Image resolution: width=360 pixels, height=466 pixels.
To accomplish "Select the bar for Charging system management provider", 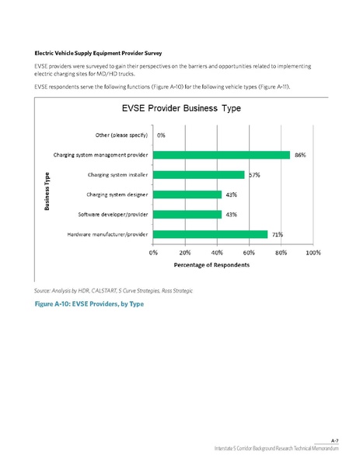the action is click(222, 155).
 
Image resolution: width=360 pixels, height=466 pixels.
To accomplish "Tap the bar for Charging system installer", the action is click(199, 175).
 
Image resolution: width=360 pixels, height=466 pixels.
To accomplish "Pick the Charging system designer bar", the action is click(187, 194).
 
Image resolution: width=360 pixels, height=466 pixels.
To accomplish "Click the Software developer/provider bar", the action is click(187, 214).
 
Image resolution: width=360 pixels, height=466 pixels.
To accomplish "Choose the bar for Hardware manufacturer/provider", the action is click(210, 234).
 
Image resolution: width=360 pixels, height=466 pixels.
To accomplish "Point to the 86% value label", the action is click(300, 155).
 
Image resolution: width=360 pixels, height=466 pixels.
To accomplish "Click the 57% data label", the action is click(254, 175).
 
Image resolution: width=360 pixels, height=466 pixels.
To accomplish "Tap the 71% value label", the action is click(277, 234).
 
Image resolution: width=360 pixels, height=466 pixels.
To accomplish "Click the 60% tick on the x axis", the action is click(250, 253).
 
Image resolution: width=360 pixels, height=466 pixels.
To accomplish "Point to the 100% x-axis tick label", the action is click(313, 253).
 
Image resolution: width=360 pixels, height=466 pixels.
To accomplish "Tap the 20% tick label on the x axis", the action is click(185, 253).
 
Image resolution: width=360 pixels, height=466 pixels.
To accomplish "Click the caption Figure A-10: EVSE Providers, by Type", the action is click(89, 302).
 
